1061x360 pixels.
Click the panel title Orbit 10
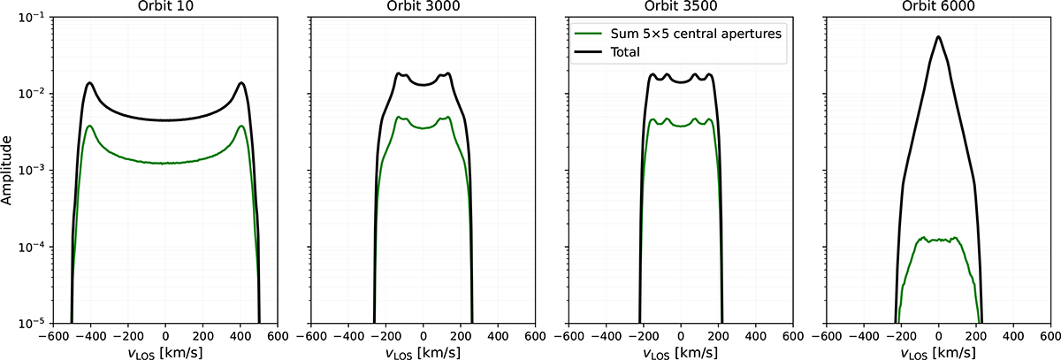coord(165,7)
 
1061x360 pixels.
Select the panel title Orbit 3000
coord(423,7)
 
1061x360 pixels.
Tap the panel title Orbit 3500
coord(680,7)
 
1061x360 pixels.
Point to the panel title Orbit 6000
coord(938,7)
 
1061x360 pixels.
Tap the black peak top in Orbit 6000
coord(938,37)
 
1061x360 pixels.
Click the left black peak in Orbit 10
coord(90,83)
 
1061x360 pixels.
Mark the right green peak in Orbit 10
coord(240,126)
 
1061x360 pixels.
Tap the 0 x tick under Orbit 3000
coord(423,336)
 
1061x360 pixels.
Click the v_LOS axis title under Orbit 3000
coord(423,350)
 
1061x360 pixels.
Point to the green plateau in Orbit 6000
coord(938,239)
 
